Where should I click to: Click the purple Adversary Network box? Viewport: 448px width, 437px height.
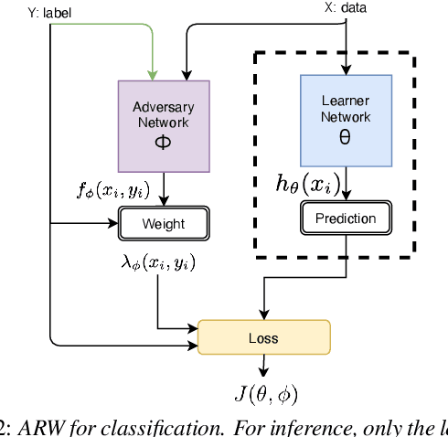pyautogui.click(x=163, y=125)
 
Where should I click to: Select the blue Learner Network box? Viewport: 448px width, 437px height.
pyautogui.click(x=346, y=121)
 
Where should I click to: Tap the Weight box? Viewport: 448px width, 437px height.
pyautogui.click(x=163, y=224)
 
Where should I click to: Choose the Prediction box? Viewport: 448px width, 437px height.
pyautogui.click(x=346, y=218)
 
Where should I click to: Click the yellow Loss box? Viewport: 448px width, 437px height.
pyautogui.click(x=263, y=337)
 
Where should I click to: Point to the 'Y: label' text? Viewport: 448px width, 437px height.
pyautogui.click(x=29, y=13)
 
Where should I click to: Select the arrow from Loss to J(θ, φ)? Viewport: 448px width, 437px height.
pyautogui.click(x=263, y=367)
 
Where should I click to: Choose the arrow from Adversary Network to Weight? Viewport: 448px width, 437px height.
pyautogui.click(x=163, y=192)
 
